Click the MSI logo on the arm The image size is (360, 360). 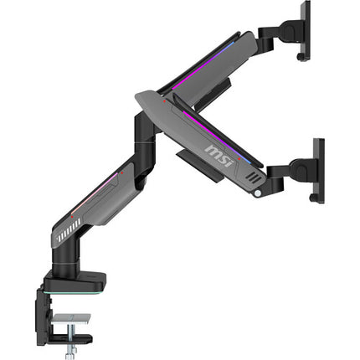tap(219, 156)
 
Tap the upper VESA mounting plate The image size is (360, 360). tap(306, 30)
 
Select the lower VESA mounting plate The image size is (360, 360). tap(319, 170)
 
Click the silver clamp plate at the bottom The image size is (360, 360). tap(71, 319)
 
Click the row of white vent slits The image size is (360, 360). tap(69, 229)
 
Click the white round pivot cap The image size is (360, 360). tap(258, 193)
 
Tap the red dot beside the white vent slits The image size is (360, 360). tap(72, 217)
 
